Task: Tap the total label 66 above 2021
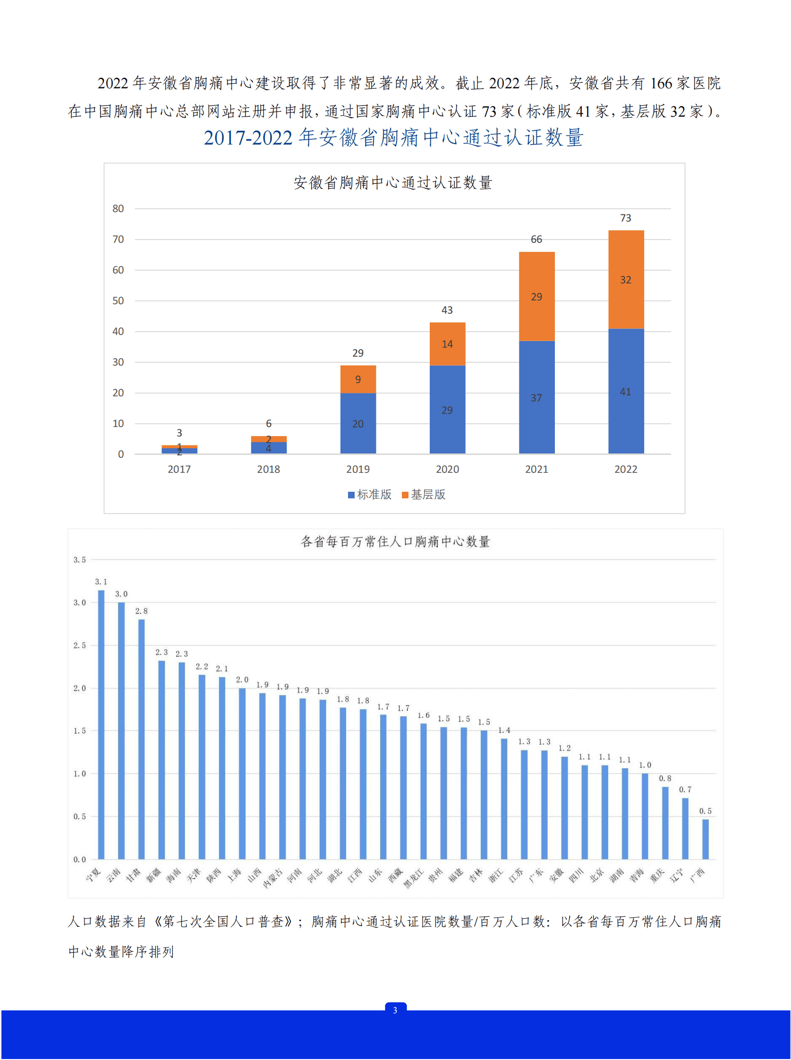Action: [536, 239]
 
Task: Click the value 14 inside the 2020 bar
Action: [447, 344]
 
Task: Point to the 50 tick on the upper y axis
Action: [118, 301]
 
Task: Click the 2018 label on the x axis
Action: [268, 470]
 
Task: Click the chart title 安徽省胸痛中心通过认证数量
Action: [392, 182]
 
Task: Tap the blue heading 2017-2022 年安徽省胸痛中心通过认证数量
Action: [393, 138]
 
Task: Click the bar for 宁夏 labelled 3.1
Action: [101, 723]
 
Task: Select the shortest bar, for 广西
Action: [706, 839]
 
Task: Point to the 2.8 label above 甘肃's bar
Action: [141, 611]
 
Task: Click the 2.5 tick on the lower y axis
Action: [79, 645]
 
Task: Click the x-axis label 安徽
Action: [556, 876]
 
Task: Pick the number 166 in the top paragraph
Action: [661, 83]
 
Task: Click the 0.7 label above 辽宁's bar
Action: [685, 789]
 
